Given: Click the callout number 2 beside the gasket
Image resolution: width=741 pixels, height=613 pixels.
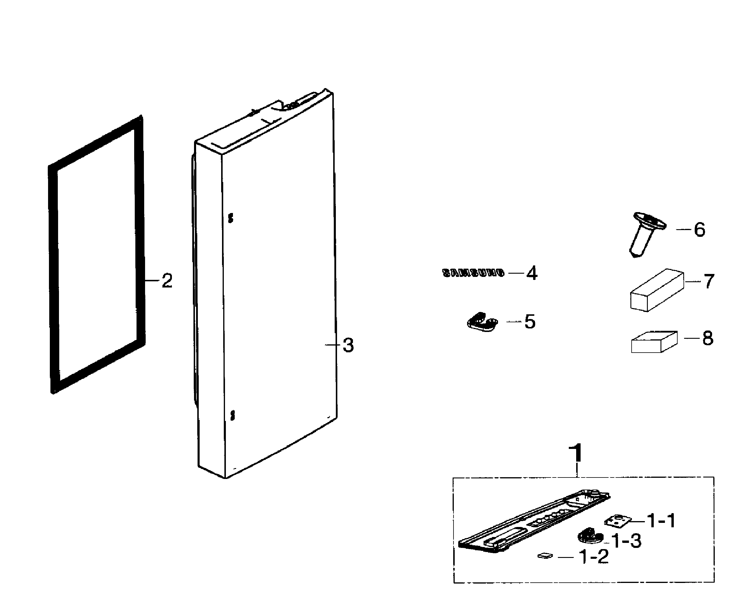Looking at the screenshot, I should [167, 281].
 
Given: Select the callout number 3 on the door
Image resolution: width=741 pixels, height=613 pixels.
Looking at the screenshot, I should [348, 345].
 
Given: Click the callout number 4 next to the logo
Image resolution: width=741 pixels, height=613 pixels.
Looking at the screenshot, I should [532, 273].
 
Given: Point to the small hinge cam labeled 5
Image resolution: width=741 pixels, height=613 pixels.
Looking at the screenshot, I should [482, 322].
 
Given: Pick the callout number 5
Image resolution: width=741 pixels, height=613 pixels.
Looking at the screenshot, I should [530, 321].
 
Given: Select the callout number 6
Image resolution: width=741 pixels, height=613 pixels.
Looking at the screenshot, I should [699, 229].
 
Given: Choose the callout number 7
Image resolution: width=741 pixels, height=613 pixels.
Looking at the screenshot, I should [709, 281].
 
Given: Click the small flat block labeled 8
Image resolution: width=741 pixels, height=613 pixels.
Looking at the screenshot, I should [654, 342].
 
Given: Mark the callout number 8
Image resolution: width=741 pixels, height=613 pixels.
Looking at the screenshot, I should [707, 338].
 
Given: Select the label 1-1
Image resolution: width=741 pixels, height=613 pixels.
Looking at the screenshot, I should [661, 521].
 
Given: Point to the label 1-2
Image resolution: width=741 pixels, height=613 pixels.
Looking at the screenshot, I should [594, 557].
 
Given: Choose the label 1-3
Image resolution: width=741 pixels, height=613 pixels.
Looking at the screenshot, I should [627, 541].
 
